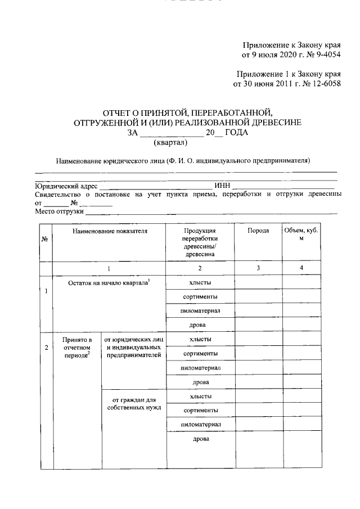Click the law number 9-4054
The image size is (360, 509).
point(326,55)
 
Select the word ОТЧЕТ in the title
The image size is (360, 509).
point(119,112)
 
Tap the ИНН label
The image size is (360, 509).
point(221,186)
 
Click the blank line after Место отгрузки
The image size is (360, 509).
point(211,212)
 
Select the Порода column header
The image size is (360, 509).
point(258,231)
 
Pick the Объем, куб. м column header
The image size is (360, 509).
point(301,235)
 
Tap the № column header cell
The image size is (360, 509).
point(44,239)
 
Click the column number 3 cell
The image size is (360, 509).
point(258,268)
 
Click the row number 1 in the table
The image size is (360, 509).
point(46,291)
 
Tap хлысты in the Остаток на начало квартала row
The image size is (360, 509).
point(200,283)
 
